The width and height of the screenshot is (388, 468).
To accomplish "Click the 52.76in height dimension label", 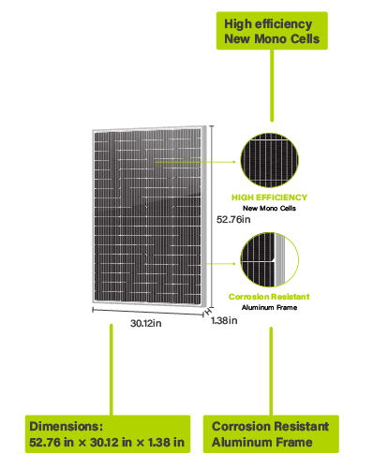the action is [x=233, y=219].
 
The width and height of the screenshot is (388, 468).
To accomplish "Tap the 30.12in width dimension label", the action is [x=146, y=323].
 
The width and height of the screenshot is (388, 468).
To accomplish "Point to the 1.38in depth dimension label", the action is [x=224, y=320].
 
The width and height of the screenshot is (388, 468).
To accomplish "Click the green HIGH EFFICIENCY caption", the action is [x=269, y=197].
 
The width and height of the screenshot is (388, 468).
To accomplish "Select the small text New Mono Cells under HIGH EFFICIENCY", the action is [x=269, y=208].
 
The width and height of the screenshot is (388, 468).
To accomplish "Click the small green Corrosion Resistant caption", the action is [x=269, y=297].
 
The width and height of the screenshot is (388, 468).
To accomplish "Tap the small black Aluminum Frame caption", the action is [x=269, y=308].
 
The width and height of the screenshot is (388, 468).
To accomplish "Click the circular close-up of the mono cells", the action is [x=269, y=160].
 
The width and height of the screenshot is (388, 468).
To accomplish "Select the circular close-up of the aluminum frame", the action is [x=269, y=259].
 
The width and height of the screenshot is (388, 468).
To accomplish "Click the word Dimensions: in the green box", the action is [x=66, y=426].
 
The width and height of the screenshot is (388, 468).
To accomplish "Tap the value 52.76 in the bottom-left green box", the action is [x=45, y=443].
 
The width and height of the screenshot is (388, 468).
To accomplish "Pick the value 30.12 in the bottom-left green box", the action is [x=104, y=443].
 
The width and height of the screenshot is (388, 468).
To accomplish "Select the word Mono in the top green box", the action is [x=270, y=39].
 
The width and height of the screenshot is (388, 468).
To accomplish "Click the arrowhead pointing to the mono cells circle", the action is [x=234, y=162].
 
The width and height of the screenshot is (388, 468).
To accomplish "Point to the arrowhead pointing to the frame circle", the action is [x=234, y=264].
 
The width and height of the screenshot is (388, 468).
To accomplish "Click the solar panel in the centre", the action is [x=149, y=215].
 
